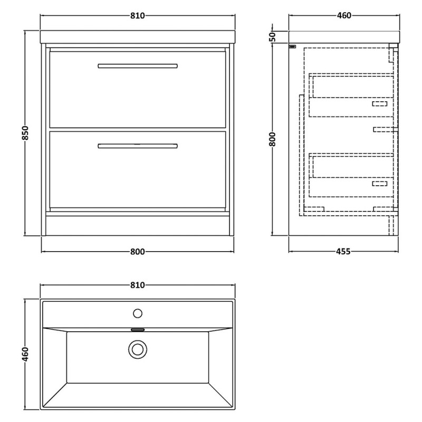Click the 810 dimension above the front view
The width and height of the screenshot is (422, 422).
(138, 16)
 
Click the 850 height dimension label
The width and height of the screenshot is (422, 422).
(25, 133)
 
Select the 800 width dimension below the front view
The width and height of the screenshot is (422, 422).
(138, 252)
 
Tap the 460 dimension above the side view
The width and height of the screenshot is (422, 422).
(344, 16)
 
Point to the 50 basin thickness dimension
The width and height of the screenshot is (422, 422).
(273, 36)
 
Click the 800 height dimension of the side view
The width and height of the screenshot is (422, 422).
(272, 139)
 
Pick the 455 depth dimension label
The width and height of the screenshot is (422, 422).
(343, 252)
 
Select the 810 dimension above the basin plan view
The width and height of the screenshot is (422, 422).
(138, 285)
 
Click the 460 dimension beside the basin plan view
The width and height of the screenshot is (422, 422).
(25, 354)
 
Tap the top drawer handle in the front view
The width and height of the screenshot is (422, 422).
(138, 66)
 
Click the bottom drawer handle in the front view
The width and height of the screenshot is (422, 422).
(138, 146)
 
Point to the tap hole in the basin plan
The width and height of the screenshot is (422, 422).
(138, 313)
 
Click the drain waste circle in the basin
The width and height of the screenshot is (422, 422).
(138, 349)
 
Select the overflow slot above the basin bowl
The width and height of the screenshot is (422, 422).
(138, 330)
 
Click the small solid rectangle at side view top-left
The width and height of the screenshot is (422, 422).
(292, 46)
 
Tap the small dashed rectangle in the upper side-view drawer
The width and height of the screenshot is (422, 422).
(380, 103)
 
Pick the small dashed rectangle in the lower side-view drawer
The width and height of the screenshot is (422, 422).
(380, 184)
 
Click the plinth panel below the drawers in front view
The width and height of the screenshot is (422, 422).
(138, 226)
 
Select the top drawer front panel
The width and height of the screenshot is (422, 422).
(138, 90)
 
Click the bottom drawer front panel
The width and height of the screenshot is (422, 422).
(138, 169)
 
